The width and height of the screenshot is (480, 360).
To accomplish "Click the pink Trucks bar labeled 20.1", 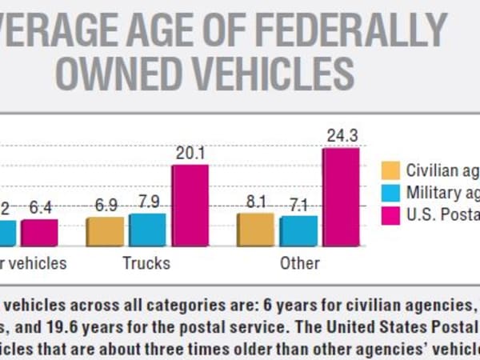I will [190, 205].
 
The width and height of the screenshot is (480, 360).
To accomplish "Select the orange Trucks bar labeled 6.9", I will [105, 230].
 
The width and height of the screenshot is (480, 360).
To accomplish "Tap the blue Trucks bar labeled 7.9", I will [147, 229].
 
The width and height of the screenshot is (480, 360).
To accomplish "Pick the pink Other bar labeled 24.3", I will [341, 196].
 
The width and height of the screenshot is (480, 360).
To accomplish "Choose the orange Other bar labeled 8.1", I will [255, 229].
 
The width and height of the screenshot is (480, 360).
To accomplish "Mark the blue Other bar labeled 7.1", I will [298, 230].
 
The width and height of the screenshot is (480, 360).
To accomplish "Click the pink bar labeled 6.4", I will [39, 232].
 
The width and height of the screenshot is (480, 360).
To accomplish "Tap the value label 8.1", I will [255, 202].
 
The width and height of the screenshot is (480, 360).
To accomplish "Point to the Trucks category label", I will [146, 262].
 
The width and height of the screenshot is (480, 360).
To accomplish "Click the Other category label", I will [299, 262].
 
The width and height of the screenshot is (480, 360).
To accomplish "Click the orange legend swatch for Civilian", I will [390, 170].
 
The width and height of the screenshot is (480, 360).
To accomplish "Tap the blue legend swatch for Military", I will [390, 192].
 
